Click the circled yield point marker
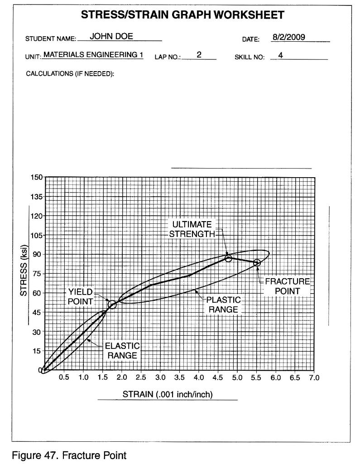click(112, 304)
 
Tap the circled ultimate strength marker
click(229, 258)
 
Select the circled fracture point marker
click(257, 263)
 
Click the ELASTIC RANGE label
click(122, 351)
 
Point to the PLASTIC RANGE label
click(224, 304)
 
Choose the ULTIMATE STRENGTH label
click(192, 229)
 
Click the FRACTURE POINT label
click(288, 286)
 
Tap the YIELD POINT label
click(81, 296)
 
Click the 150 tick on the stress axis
click(36, 177)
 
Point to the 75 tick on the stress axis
click(36, 274)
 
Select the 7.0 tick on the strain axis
click(314, 377)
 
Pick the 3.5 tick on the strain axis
click(179, 377)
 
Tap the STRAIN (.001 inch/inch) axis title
click(168, 394)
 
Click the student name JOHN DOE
click(111, 37)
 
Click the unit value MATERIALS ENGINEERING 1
click(93, 55)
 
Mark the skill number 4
click(281, 55)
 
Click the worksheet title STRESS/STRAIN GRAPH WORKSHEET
click(182, 15)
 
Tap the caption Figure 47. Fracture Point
click(69, 455)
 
